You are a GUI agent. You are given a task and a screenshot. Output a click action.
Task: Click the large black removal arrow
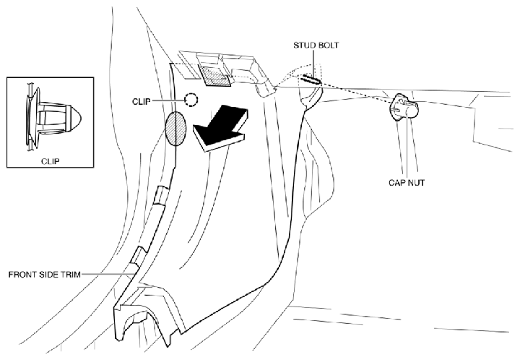click(x=220, y=129)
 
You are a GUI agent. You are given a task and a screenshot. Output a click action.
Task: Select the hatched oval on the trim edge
click(x=175, y=129)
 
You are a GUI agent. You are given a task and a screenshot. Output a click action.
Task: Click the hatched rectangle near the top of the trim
click(x=214, y=76)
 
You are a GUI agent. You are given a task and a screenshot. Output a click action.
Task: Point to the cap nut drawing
click(x=403, y=106)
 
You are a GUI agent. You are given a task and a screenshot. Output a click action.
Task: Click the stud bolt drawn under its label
click(x=311, y=80)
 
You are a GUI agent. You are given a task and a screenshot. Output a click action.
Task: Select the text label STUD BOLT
click(x=316, y=45)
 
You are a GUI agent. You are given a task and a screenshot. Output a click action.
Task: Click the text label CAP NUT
click(x=407, y=182)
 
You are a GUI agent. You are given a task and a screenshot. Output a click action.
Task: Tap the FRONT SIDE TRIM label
click(x=45, y=275)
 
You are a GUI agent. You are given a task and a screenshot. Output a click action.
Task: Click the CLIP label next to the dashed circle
click(x=142, y=101)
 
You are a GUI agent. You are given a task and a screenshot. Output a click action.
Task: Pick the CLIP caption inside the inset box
click(x=51, y=161)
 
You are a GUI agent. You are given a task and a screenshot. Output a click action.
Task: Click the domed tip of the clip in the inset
click(x=76, y=118)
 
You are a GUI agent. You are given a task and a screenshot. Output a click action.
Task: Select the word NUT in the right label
click(x=417, y=182)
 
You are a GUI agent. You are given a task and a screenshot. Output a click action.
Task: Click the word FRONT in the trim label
click(x=19, y=275)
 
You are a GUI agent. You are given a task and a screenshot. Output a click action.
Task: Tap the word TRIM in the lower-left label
click(x=71, y=275)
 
